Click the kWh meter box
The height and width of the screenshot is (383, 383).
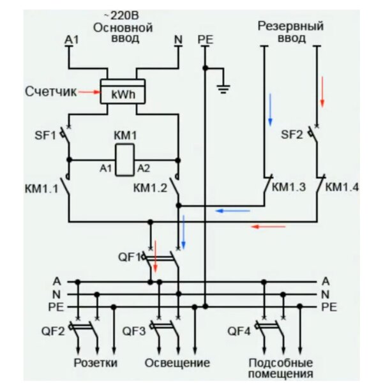[x=123, y=91]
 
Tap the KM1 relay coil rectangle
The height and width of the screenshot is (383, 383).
[x=125, y=160]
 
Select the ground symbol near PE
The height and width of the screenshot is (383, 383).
[x=223, y=89]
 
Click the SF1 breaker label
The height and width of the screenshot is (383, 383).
[x=45, y=135]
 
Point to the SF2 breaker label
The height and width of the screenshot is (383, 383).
[x=292, y=135]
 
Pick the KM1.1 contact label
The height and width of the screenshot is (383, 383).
[x=41, y=189]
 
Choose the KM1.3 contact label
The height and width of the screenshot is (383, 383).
[x=289, y=187]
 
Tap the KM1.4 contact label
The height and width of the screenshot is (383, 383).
[x=342, y=187]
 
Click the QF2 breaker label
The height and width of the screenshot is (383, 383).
[x=53, y=331]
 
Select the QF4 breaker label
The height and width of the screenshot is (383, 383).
[x=239, y=331]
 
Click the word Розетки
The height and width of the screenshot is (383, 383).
[x=96, y=363]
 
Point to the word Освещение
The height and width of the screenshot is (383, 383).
[x=177, y=363]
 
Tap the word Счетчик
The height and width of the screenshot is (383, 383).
[x=51, y=92]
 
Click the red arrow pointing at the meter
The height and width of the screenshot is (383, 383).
[x=89, y=92]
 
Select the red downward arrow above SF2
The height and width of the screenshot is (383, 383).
[x=322, y=92]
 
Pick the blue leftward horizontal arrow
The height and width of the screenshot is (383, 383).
[x=233, y=211]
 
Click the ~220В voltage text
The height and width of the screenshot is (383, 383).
[x=122, y=15]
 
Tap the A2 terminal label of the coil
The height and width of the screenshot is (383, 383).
[x=144, y=169]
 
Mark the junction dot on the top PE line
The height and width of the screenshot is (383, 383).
[x=205, y=68]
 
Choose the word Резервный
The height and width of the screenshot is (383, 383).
[x=290, y=26]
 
